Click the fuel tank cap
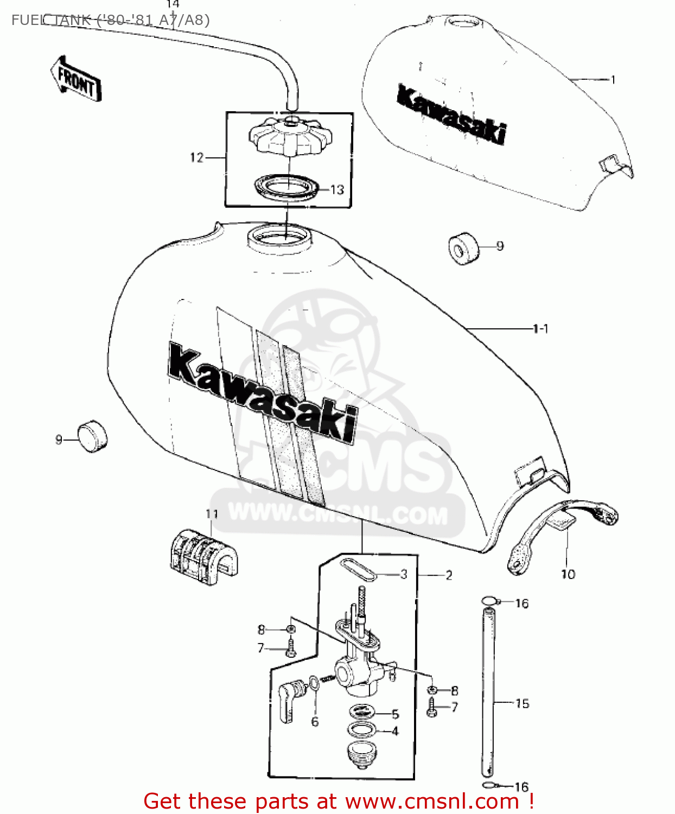coord(290,136)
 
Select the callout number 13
coord(337,190)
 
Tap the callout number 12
coord(196,158)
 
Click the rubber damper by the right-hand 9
coord(463,249)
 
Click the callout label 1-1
coord(540,329)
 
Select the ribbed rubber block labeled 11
coord(204,556)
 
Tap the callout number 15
coord(522,704)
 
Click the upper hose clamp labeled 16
coord(489,601)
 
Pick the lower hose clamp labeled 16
coord(488,785)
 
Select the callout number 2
coord(449,575)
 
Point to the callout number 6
coord(315,722)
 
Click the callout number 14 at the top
coord(173,4)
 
